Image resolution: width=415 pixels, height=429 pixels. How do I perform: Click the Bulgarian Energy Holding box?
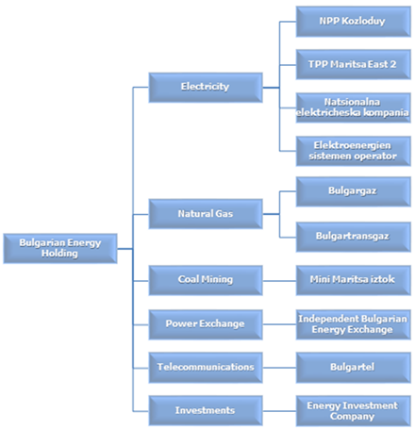pyautogui.click(x=60, y=248)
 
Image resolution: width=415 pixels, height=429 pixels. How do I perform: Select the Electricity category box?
pyautogui.click(x=206, y=88)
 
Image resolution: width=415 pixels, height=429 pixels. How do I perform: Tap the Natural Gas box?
pyautogui.click(x=206, y=214)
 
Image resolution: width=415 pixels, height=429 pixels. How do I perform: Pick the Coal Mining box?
pyautogui.click(x=206, y=280)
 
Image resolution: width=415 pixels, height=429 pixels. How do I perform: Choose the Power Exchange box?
pyautogui.click(x=206, y=324)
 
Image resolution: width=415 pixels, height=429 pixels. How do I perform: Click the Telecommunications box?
pyautogui.click(x=206, y=368)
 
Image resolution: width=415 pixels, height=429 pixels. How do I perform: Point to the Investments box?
pyautogui.click(x=206, y=410)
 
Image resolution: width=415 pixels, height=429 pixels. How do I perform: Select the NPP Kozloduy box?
pyautogui.click(x=354, y=22)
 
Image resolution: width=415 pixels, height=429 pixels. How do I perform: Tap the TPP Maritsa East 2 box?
pyautogui.click(x=354, y=64)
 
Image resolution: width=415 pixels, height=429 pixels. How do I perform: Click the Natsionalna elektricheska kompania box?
pyautogui.click(x=354, y=107)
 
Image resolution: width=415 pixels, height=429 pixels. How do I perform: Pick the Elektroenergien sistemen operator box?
pyautogui.click(x=354, y=151)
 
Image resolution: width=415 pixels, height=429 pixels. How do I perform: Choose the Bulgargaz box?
pyautogui.click(x=354, y=191)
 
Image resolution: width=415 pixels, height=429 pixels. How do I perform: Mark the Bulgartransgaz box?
pyautogui.click(x=354, y=237)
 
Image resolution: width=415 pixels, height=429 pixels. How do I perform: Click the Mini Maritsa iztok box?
pyautogui.click(x=354, y=280)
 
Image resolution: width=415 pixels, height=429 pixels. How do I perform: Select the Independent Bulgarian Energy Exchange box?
pyautogui.click(x=354, y=324)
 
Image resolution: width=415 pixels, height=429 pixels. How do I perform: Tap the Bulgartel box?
pyautogui.click(x=354, y=368)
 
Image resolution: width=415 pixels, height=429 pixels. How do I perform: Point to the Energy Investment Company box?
pyautogui.click(x=354, y=411)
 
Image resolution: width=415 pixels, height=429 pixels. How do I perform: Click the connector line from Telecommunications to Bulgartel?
pyautogui.click(x=279, y=368)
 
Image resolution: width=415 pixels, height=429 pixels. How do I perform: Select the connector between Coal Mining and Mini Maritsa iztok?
pyautogui.click(x=279, y=281)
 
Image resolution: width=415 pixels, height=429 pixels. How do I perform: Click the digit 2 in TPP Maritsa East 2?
pyautogui.click(x=393, y=64)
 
